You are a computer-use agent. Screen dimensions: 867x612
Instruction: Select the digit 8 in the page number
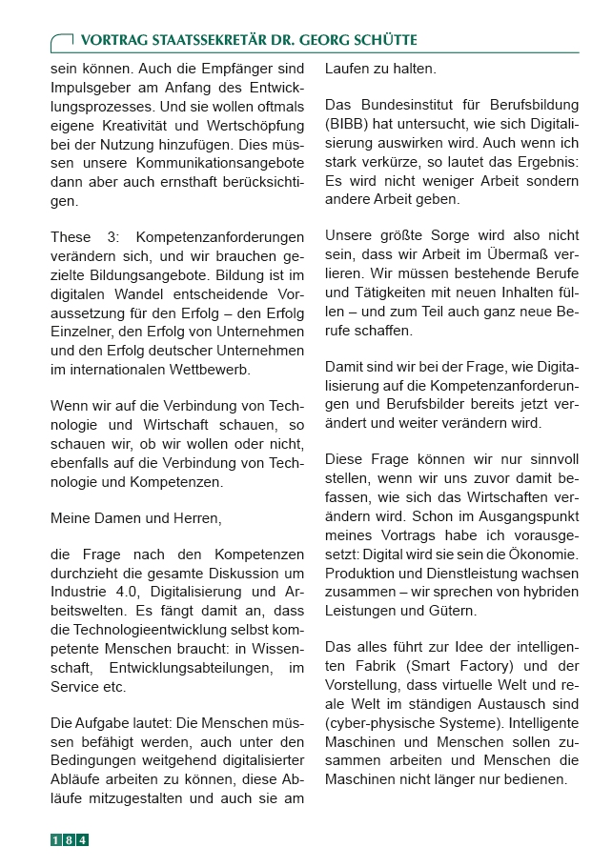pos(70,840)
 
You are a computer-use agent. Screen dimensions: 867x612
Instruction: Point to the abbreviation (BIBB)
pos(353,123)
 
